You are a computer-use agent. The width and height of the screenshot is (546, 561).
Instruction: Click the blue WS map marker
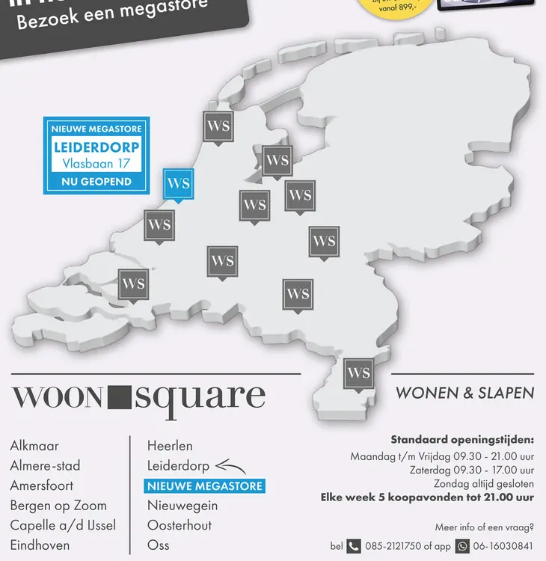point(178,184)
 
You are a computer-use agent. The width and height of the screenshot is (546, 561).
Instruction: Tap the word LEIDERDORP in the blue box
point(96,147)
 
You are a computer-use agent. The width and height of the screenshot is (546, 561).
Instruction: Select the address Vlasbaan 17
point(96,164)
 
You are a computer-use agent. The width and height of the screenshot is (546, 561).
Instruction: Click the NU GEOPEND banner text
point(96,182)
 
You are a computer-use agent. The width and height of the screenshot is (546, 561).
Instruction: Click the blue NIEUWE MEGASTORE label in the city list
point(205,486)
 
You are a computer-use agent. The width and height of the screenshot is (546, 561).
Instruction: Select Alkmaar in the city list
point(34,446)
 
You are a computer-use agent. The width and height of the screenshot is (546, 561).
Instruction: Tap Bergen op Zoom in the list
point(58,506)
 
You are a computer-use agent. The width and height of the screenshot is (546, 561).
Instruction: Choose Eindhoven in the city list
point(40,546)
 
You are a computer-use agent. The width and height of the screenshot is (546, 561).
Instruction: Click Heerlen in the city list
point(170,446)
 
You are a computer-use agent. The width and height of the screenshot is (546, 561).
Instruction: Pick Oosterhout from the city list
point(180,526)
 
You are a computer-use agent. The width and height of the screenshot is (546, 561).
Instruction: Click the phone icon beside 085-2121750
point(355,546)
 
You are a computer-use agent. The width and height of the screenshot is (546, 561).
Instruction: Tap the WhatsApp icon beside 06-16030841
point(462,546)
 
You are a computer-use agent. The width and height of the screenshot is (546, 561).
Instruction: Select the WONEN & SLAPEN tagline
point(464,393)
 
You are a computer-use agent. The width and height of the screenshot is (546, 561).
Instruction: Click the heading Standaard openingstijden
point(462,440)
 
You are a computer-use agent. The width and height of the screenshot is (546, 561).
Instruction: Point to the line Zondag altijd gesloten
point(483,484)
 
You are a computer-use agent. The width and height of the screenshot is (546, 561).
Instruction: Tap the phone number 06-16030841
point(503,546)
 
